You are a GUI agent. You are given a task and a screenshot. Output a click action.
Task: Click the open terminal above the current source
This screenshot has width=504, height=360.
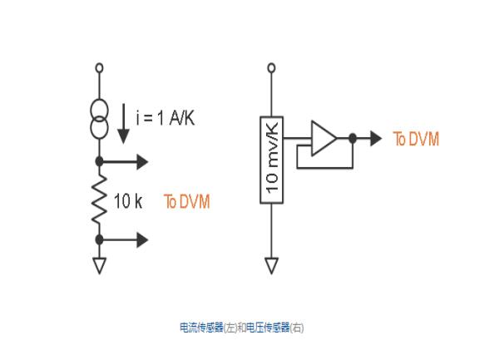[x=100, y=66]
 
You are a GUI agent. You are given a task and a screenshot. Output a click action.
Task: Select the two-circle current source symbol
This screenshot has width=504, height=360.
[x=100, y=121]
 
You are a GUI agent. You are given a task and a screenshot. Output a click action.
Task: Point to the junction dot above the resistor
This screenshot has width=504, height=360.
[x=100, y=160]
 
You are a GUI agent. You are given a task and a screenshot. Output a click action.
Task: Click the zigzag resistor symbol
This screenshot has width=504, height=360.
[x=100, y=200]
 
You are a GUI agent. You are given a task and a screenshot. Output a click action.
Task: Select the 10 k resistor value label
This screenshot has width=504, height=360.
[x=129, y=201]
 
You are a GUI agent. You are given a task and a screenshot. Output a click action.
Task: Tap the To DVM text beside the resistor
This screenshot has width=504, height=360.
[x=186, y=201]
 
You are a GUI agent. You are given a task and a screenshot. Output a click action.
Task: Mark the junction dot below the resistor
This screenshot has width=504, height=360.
[x=100, y=239]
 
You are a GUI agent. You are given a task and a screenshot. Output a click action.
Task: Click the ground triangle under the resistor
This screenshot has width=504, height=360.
[x=100, y=265]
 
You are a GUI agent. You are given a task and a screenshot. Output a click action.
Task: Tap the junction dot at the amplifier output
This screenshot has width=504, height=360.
[x=353, y=138]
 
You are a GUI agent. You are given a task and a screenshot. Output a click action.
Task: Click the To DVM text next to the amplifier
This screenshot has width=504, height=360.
[x=416, y=139]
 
